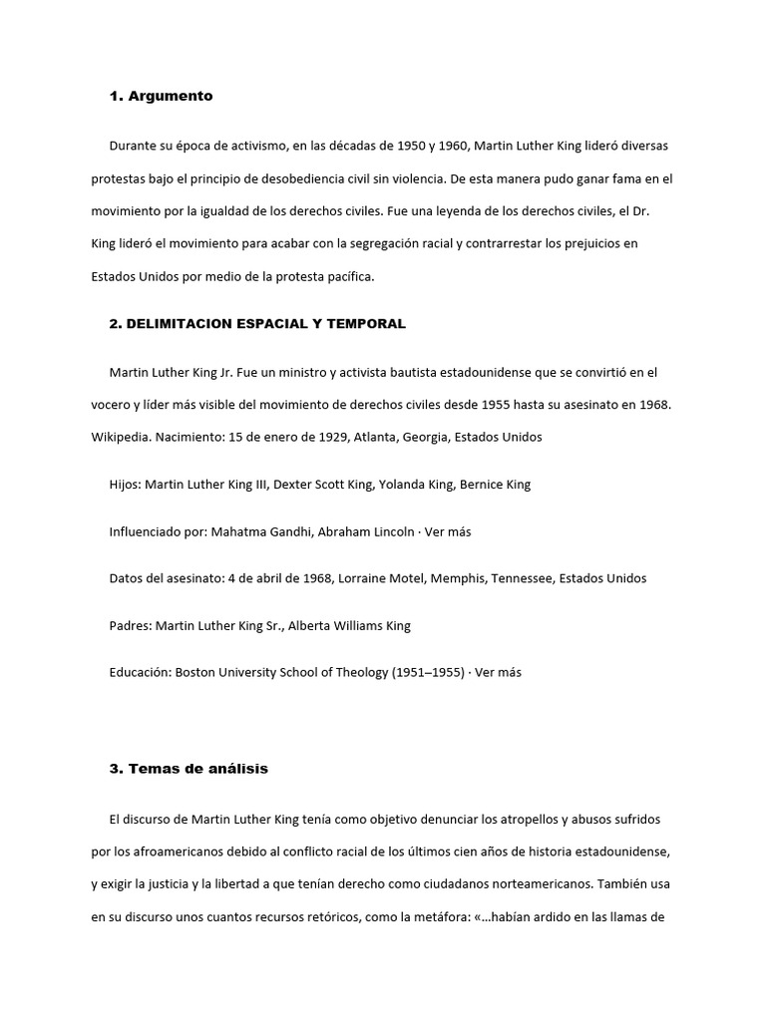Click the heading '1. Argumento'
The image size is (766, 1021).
coord(161,97)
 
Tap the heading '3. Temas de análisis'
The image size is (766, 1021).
coord(189,769)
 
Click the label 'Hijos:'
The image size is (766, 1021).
coord(125,485)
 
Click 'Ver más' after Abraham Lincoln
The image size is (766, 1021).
coord(448,531)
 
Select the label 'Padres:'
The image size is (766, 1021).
coord(131,625)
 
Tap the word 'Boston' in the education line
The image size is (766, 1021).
coord(197,672)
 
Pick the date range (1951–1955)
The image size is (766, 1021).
coord(424,672)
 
